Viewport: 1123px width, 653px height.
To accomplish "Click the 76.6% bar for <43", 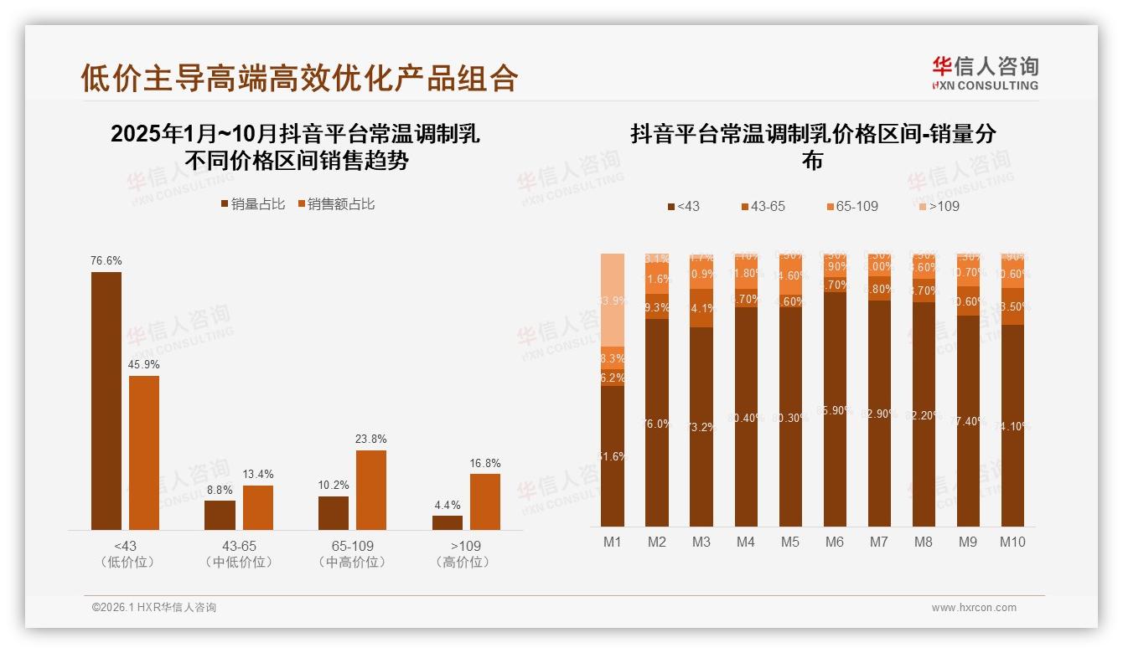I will coord(106,400).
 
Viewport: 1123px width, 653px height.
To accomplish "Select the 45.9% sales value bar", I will coord(144,452).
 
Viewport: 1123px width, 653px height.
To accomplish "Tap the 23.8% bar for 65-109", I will coord(371,490).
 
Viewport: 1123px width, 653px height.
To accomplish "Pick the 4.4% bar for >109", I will coord(448,522).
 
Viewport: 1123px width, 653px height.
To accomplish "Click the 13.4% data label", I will coord(258,475).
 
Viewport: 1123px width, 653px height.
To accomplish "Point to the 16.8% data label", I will coord(485,463).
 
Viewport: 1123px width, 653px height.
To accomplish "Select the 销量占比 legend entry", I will coord(253,204).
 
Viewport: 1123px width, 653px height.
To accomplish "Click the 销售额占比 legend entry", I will coord(336,204).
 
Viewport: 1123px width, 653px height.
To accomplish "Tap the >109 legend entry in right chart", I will coord(938,206).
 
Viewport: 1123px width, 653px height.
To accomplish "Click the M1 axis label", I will coord(613,542).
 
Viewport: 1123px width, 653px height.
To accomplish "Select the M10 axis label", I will coord(1012,542).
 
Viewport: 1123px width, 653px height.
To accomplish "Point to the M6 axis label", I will coord(835,542).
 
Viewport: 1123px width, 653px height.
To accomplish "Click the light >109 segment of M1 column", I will coord(613,300).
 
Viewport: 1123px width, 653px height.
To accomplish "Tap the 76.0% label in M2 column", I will coord(657,424).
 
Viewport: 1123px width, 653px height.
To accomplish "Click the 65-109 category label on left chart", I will coord(352,546).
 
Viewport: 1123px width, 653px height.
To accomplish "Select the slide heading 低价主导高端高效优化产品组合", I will coord(299,78).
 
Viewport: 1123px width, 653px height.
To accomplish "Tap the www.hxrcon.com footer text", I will coord(974,608).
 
